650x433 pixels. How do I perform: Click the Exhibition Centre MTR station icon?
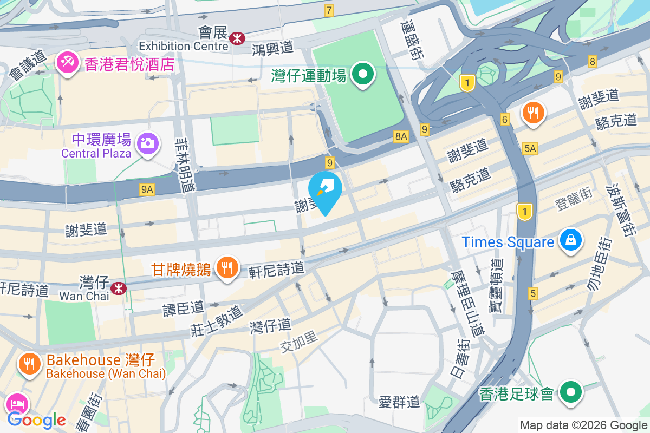[x=237, y=38]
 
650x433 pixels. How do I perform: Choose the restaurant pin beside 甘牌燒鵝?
[x=228, y=267]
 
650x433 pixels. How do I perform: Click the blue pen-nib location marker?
[x=325, y=191]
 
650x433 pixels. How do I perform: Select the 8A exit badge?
[x=401, y=137]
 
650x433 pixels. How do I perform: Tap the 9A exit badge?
[x=147, y=189]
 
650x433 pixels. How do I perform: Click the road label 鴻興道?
[x=272, y=49]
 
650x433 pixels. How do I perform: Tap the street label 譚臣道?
[x=184, y=308]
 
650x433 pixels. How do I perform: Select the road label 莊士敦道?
[x=216, y=322]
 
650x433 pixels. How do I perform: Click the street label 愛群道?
[x=399, y=402]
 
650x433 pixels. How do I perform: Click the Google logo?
[x=36, y=419]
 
